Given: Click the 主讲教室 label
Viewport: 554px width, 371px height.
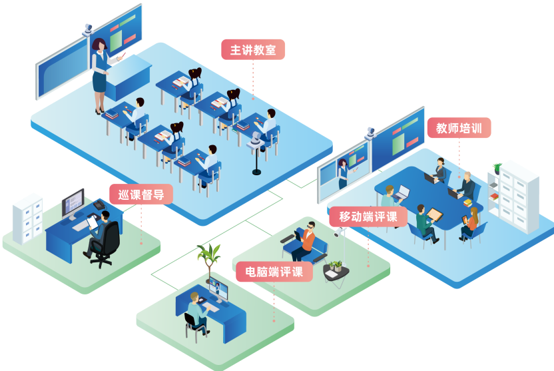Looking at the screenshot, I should tap(253, 50).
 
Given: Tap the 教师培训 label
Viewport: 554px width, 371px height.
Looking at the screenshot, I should tap(459, 128).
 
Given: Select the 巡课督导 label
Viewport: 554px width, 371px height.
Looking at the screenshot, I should tap(141, 194).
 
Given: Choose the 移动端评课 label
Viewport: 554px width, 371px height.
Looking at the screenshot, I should tap(368, 216).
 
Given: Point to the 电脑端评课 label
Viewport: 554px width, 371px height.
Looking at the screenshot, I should tap(274, 272).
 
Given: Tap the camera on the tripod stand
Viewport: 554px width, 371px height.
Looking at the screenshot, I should tap(256, 143).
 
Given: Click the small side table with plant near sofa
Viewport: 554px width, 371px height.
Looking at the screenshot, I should tap(335, 272).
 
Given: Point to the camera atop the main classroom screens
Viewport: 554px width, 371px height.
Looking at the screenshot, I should tap(89, 29).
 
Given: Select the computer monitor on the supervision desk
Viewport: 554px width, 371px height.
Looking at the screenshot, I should tap(73, 203).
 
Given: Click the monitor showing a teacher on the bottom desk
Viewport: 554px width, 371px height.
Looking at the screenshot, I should tap(218, 290).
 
